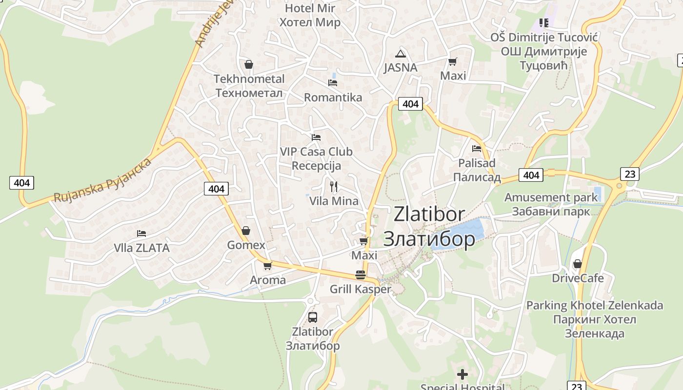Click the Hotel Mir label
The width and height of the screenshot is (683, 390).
point(310,8)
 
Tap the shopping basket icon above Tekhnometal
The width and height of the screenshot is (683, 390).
point(249,64)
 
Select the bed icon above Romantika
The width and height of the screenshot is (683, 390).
point(333,83)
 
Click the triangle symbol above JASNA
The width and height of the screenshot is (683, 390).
point(401,54)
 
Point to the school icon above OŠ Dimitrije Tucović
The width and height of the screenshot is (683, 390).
point(544,23)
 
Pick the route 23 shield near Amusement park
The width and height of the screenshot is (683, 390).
point(630,174)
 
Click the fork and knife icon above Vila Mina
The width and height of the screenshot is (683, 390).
point(334,187)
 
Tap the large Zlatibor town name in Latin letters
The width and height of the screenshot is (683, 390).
point(429,214)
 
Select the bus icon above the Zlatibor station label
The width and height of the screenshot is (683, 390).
point(313,317)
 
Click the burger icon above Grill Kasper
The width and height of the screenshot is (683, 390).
point(361,275)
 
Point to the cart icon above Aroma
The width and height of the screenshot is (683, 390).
point(267,266)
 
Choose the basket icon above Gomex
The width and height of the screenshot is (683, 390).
point(246,231)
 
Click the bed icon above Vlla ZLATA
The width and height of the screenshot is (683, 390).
point(141,234)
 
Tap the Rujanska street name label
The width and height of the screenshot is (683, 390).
point(102,180)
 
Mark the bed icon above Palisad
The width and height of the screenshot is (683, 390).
point(477,149)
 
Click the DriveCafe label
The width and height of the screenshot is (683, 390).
point(578,278)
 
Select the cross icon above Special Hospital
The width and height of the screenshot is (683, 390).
point(462,374)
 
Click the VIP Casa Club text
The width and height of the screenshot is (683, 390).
point(316,152)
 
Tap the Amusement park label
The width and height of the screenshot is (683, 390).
point(551,197)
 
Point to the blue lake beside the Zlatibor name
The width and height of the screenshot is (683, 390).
point(461,234)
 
